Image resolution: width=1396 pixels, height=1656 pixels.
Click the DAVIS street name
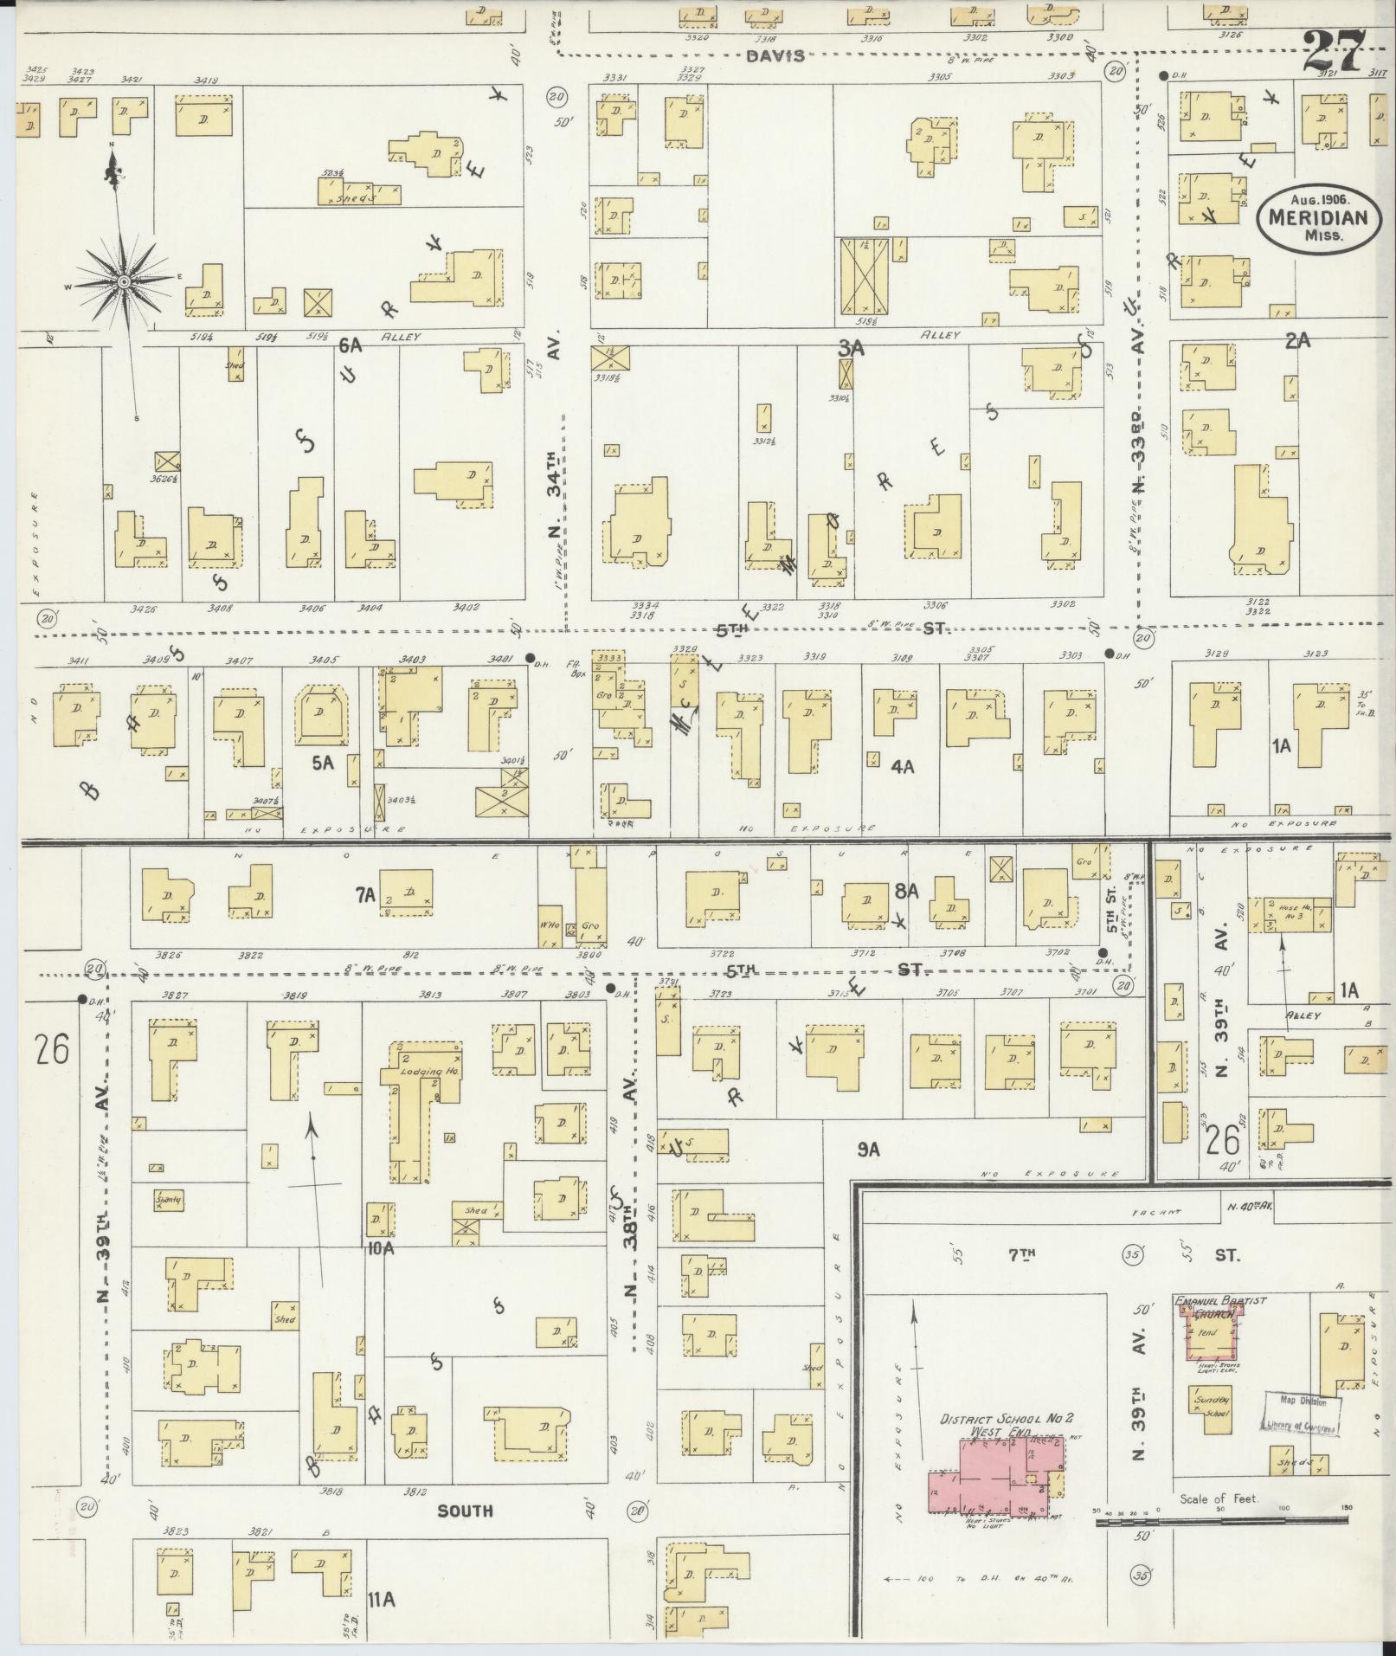pyautogui.click(x=775, y=55)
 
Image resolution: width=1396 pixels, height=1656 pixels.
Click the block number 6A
pyautogui.click(x=350, y=345)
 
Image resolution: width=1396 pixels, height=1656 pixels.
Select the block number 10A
pyautogui.click(x=380, y=1247)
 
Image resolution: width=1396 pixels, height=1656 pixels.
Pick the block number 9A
pyautogui.click(x=868, y=1150)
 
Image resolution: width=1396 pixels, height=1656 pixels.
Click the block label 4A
pyautogui.click(x=903, y=766)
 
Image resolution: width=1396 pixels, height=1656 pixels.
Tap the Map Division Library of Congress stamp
pyautogui.click(x=1301, y=1416)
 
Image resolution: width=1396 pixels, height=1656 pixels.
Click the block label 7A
pyautogui.click(x=364, y=896)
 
